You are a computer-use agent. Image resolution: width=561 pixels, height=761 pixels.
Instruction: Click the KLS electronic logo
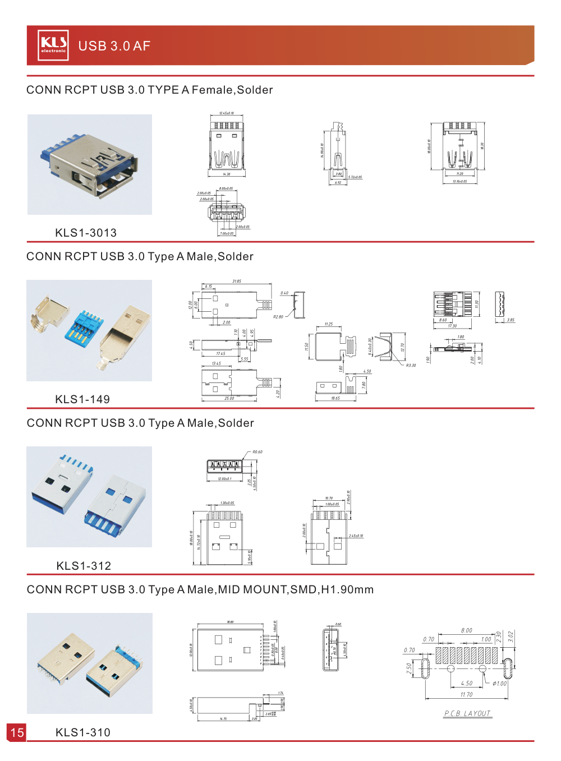coord(53,45)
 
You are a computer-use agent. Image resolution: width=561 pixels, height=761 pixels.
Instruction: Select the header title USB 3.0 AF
coord(114,46)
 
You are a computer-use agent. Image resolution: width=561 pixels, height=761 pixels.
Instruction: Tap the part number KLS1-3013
coord(86,233)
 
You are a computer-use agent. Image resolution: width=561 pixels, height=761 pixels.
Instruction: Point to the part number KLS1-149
coord(82,399)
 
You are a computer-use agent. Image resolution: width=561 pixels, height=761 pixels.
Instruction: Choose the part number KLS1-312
coord(84,566)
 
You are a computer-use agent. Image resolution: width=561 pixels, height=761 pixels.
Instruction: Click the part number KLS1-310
coord(83,732)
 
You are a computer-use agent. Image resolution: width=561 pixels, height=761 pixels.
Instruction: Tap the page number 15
coord(17,732)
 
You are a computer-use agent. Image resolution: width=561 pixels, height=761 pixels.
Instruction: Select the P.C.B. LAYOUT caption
coord(467,713)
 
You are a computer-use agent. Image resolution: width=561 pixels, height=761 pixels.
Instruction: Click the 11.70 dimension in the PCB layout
coord(466,694)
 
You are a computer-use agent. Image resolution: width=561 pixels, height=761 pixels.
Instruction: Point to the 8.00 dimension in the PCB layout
coord(466,630)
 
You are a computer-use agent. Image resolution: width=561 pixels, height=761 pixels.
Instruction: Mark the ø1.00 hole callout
coord(499,683)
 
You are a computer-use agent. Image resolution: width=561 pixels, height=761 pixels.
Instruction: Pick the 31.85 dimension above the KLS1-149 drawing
coord(237,282)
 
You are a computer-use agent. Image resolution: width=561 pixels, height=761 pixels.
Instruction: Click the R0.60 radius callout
coord(257,452)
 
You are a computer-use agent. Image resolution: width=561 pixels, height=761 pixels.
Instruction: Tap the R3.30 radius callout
coord(411,365)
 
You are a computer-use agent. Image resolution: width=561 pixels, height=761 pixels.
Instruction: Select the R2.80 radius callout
coord(278,317)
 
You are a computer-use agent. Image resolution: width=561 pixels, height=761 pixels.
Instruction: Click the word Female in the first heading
coord(212,90)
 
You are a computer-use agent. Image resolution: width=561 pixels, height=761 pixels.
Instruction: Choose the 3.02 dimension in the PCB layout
coord(511,636)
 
